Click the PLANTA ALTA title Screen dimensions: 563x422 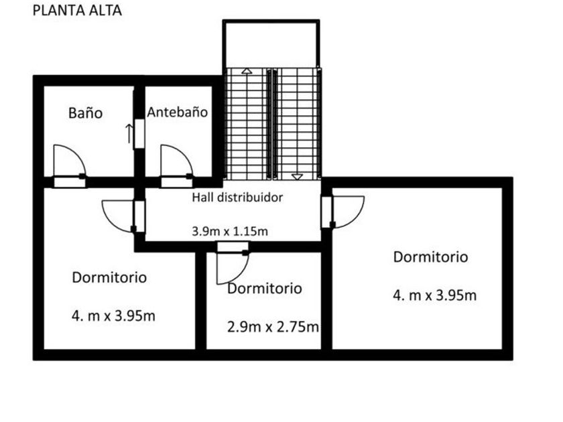click(77, 11)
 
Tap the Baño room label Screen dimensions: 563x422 click(86, 113)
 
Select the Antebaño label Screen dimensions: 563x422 click(178, 113)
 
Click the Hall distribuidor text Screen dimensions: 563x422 click(237, 198)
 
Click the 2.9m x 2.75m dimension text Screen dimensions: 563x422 click(273, 327)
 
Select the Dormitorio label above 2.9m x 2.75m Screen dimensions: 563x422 click(265, 289)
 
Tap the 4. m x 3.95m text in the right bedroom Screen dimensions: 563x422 click(435, 295)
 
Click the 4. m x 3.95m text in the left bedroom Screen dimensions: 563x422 click(113, 315)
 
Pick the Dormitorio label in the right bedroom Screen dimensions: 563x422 click(430, 257)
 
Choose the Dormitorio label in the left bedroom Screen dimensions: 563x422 click(109, 277)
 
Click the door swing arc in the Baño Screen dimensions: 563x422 click(78, 153)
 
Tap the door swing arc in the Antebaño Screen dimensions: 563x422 click(184, 153)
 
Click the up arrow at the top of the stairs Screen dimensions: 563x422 click(247, 71)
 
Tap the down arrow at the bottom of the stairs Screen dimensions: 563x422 click(297, 177)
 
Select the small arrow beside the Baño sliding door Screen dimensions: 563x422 click(129, 133)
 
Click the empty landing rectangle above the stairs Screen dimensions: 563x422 click(271, 44)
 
